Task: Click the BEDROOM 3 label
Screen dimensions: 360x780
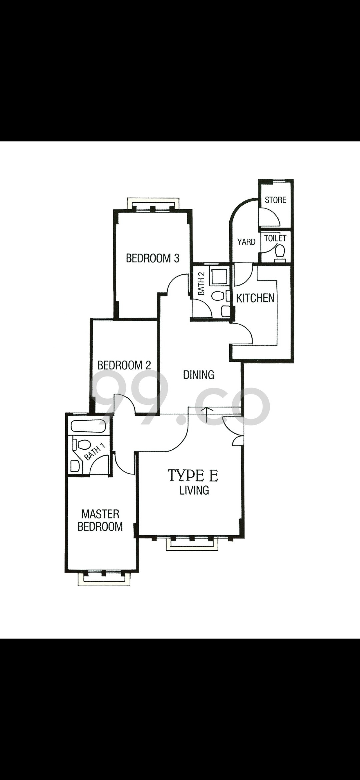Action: (152, 258)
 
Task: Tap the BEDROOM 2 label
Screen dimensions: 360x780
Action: (124, 365)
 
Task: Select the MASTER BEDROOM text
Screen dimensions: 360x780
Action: (100, 520)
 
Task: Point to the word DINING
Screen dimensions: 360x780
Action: (199, 375)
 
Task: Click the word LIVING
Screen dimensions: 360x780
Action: (194, 490)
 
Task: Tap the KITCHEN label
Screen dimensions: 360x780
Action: (255, 298)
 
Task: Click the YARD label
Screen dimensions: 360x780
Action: (246, 242)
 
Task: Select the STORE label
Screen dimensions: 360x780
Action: (276, 200)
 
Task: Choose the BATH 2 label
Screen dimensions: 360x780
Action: (201, 284)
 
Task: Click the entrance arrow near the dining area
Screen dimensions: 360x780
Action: (207, 414)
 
